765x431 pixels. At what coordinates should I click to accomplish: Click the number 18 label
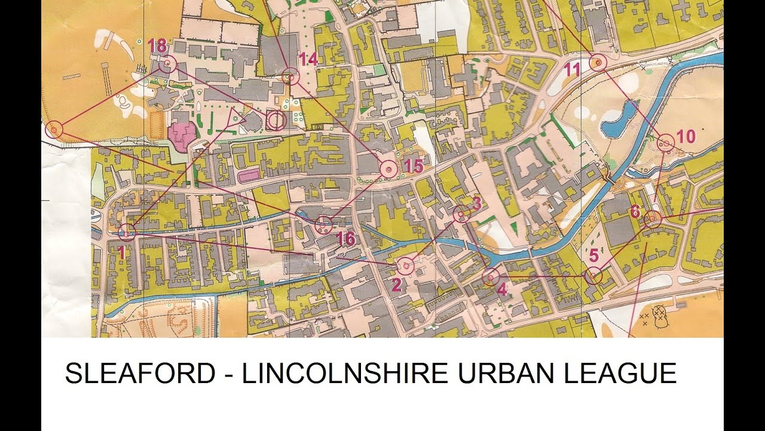click(x=157, y=46)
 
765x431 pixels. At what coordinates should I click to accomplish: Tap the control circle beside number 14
click(x=290, y=77)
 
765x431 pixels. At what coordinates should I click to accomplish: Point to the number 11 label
click(x=572, y=70)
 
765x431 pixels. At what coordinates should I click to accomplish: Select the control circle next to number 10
click(x=666, y=143)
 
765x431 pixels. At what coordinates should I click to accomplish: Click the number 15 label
click(x=414, y=166)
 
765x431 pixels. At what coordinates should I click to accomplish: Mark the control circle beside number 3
click(x=461, y=214)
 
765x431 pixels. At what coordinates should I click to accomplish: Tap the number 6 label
click(x=635, y=212)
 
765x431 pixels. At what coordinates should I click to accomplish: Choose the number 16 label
click(x=345, y=239)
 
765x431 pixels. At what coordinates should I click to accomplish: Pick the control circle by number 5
click(x=593, y=275)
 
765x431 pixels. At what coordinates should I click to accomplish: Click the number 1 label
click(x=121, y=253)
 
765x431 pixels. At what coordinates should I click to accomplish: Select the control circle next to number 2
click(x=406, y=265)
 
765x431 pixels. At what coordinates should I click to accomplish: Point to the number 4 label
click(x=502, y=289)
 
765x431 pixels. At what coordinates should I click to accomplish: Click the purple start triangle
click(x=234, y=119)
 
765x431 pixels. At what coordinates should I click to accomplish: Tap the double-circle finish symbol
click(x=276, y=120)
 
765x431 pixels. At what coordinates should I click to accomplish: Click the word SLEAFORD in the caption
click(x=140, y=374)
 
